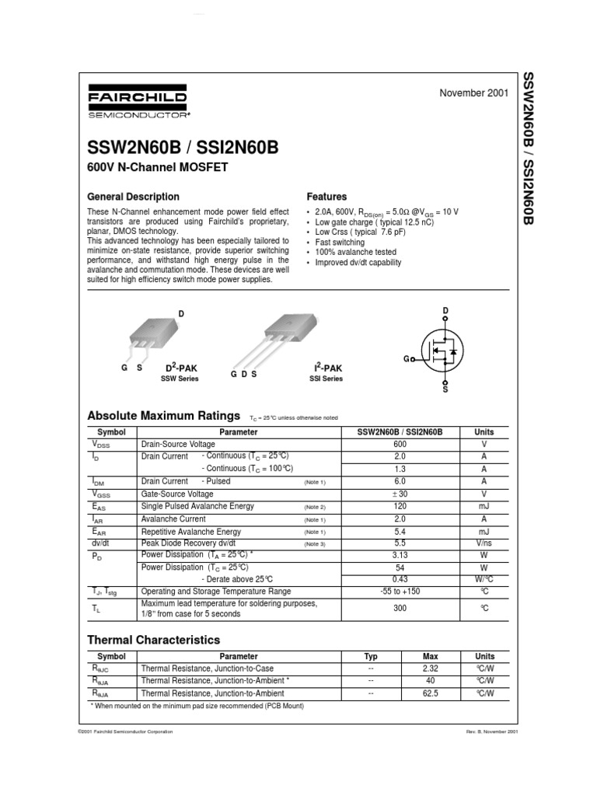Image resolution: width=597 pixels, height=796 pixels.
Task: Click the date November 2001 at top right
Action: [x=474, y=93]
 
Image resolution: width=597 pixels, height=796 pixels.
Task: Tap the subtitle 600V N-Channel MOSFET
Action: [x=157, y=168]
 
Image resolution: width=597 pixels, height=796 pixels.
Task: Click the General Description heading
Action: [x=133, y=197]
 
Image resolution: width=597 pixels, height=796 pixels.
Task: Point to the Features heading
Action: [x=326, y=197]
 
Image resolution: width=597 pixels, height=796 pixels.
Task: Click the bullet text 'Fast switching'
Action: [x=340, y=243]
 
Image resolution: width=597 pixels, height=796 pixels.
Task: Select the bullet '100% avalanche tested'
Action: [x=355, y=253]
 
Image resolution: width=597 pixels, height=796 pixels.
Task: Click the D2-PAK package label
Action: [x=180, y=367]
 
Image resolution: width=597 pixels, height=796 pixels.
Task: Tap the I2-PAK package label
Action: [x=327, y=367]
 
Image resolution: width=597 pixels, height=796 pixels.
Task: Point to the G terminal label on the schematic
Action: [x=406, y=359]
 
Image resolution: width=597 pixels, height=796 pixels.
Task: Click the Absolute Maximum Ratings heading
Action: [x=163, y=415]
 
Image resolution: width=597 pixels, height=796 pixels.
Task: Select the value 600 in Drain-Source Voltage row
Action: [x=400, y=444]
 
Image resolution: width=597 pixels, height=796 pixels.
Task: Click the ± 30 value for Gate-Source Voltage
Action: [x=400, y=494]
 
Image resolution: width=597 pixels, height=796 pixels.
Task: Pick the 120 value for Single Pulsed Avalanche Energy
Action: [x=400, y=506]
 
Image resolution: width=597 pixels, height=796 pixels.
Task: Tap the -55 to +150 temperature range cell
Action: [x=400, y=592]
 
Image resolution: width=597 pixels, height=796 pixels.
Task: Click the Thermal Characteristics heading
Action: [x=153, y=640]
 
